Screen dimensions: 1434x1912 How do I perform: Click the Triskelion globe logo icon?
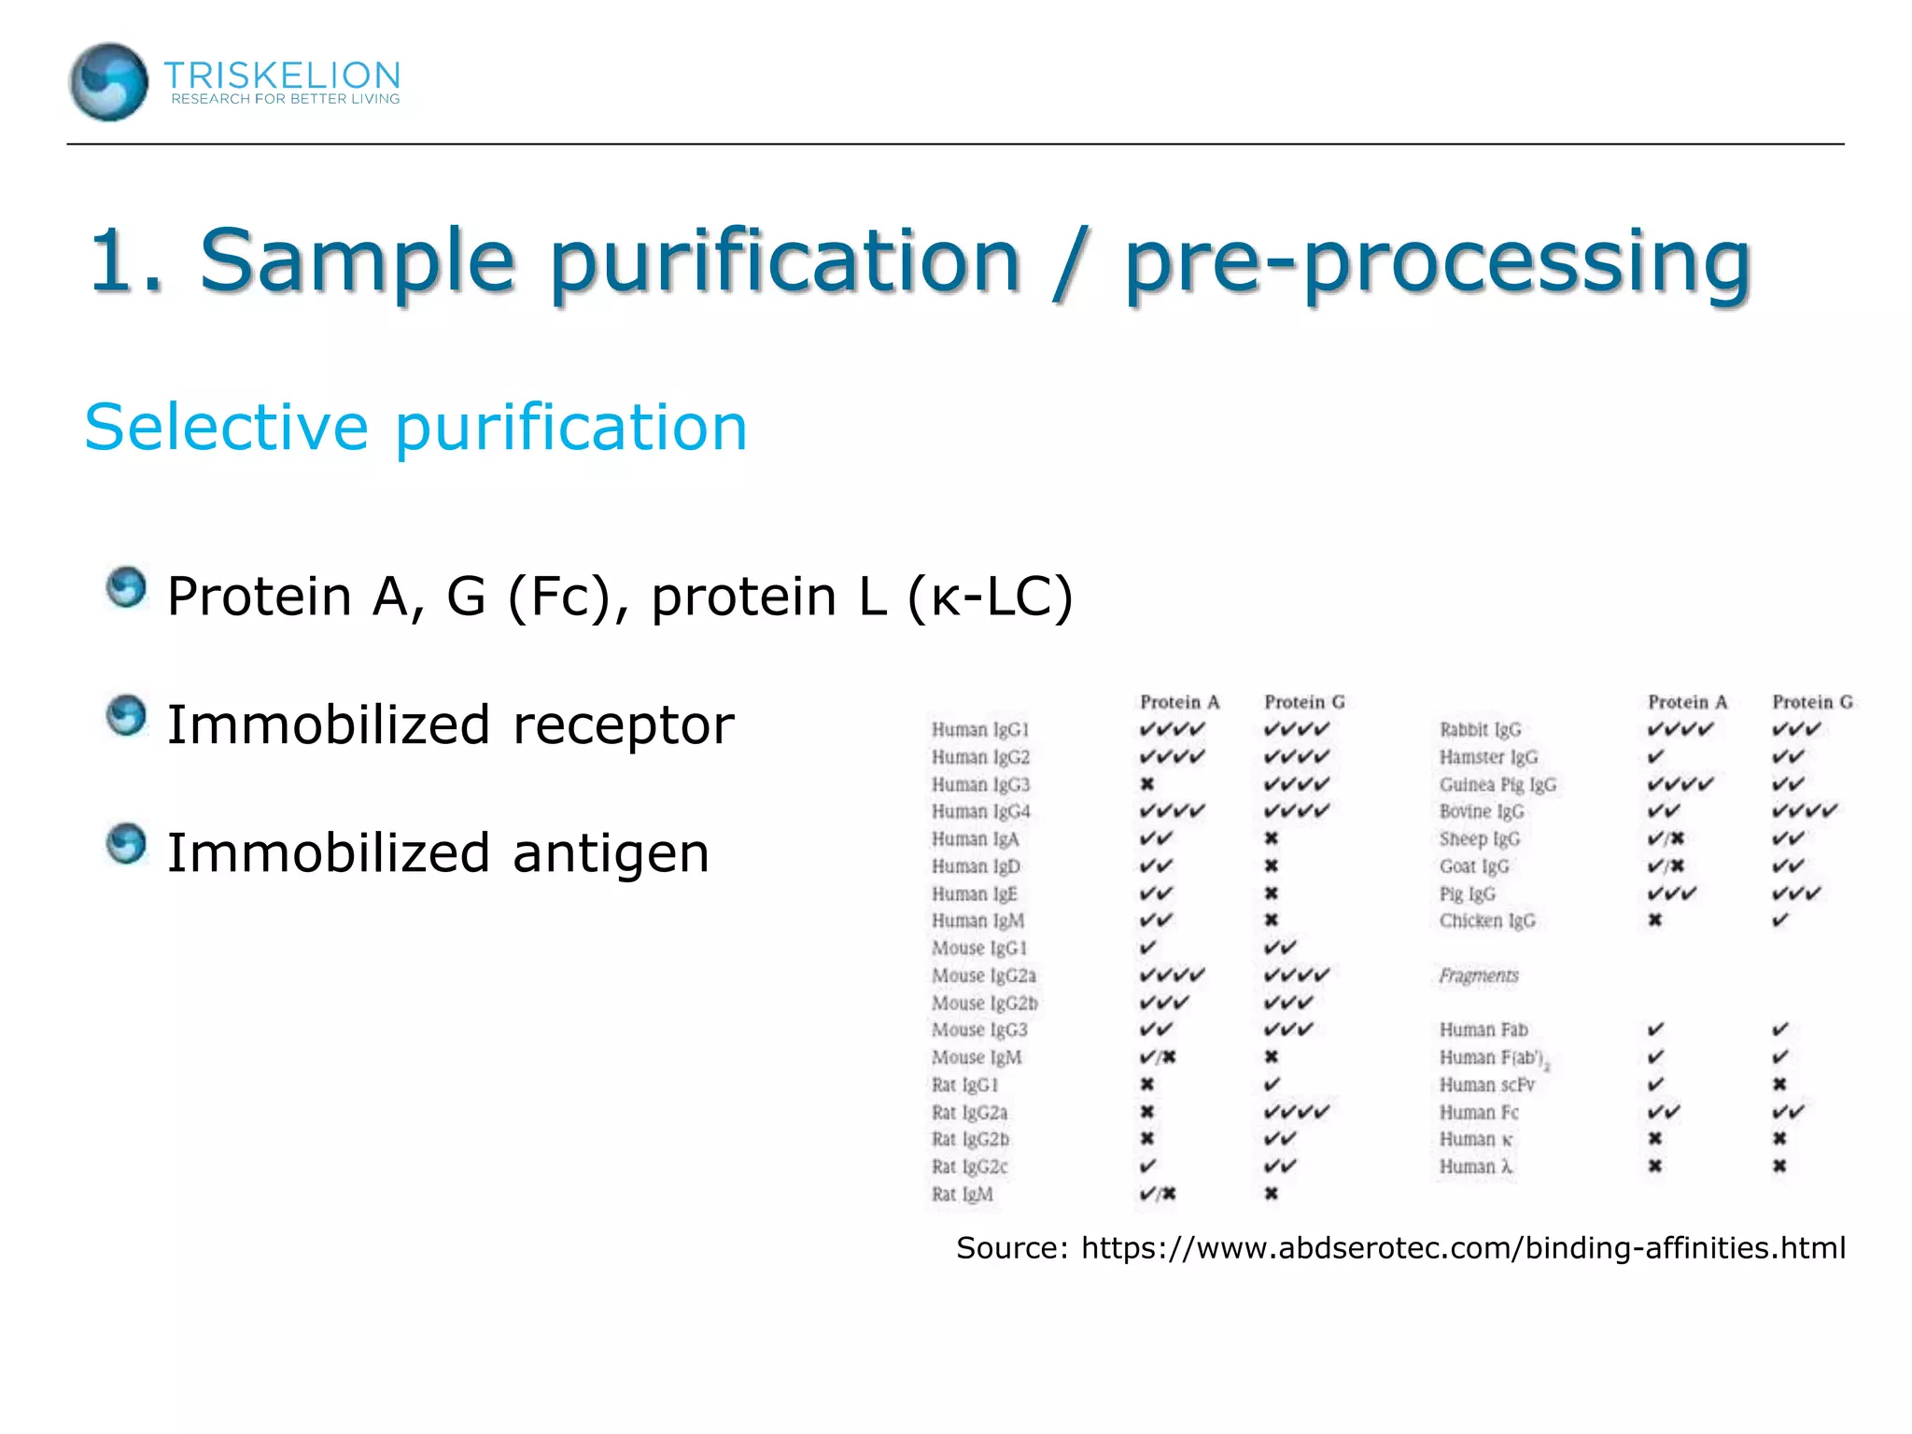[x=108, y=82]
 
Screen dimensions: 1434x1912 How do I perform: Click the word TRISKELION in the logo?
[x=282, y=75]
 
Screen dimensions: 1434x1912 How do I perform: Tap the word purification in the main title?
[x=784, y=260]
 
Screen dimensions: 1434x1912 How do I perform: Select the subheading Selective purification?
[x=415, y=428]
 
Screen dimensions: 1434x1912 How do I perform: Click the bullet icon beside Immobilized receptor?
[x=126, y=717]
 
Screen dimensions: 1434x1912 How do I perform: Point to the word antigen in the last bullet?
[x=611, y=853]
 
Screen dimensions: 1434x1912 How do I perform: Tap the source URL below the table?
[x=1462, y=1248]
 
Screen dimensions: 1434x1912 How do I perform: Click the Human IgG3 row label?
[x=980, y=784]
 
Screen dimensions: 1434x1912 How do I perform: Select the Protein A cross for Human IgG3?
[x=1147, y=784]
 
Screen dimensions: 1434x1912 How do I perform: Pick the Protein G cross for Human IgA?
[x=1272, y=838]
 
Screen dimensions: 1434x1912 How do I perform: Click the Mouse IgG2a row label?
[x=983, y=976]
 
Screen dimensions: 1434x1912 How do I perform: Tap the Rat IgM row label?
[x=962, y=1194]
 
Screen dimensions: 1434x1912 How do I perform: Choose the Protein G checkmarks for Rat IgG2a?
[x=1296, y=1112]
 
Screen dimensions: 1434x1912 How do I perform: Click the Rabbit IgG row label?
[x=1480, y=729]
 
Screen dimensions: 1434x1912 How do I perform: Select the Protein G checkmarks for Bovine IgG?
[x=1804, y=811]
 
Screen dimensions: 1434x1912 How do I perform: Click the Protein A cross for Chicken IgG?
[x=1654, y=921]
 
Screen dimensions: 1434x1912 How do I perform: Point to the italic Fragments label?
[x=1479, y=976]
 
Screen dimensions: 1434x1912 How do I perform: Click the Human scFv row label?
[x=1486, y=1085]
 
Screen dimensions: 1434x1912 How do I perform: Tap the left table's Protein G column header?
[x=1304, y=702]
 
